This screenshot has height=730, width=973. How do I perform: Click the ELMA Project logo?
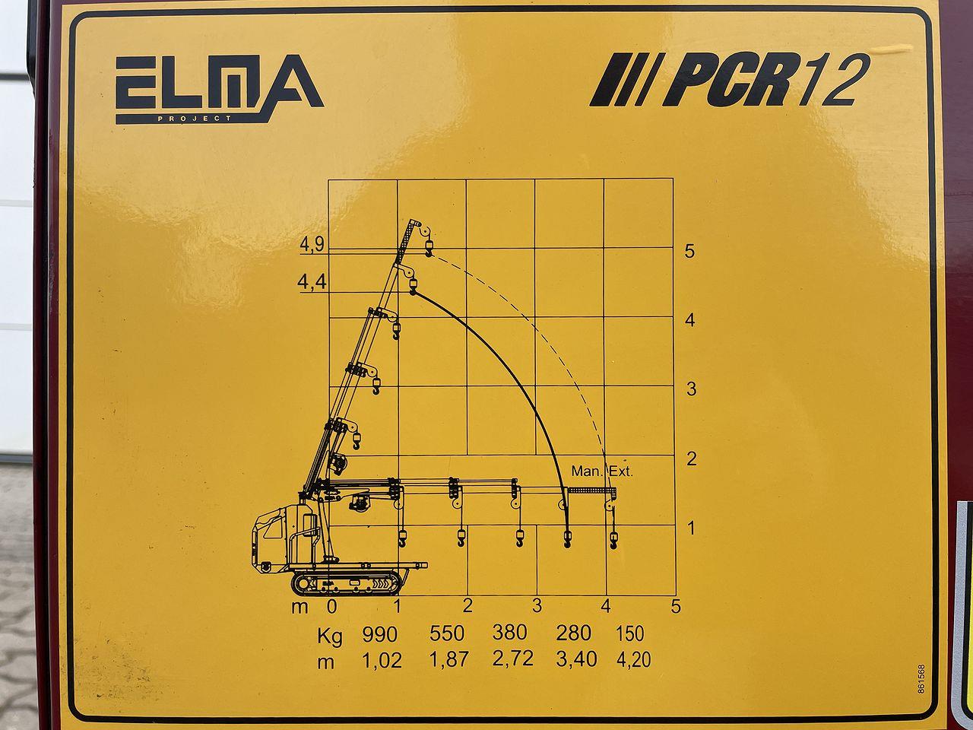click(x=220, y=89)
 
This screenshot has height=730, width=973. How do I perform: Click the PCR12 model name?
click(x=729, y=80)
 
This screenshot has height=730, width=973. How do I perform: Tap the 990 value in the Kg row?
click(x=379, y=635)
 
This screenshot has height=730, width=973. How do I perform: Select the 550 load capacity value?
click(x=447, y=633)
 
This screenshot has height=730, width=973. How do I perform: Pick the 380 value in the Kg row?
click(x=510, y=633)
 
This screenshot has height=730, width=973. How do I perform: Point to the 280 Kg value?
click(x=574, y=633)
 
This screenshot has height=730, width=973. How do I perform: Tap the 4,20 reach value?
click(x=633, y=660)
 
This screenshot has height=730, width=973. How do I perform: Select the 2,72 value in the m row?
click(x=512, y=659)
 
